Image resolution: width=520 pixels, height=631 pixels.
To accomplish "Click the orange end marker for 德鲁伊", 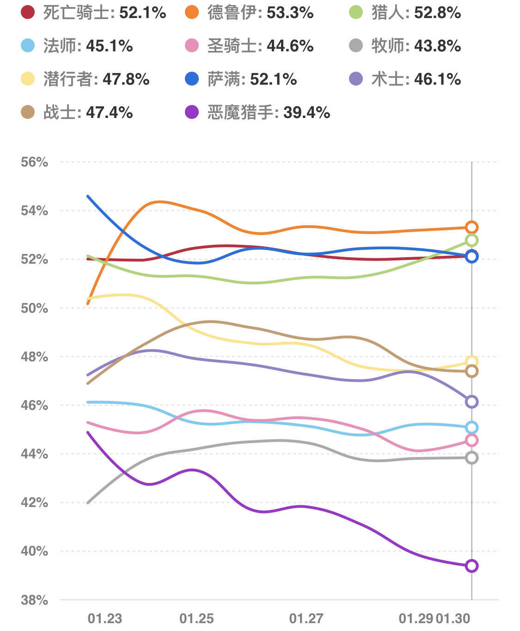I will (471, 227).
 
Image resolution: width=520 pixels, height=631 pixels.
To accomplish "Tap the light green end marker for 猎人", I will (471, 240).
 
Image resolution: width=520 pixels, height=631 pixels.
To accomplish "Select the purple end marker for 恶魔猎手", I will (471, 566).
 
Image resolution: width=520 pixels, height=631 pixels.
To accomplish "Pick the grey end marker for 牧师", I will (471, 458).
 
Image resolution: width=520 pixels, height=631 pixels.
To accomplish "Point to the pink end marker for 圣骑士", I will (471, 440).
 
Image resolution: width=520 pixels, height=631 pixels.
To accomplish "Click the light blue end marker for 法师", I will (471, 427).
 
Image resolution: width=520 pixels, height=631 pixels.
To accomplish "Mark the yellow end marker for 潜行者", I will (471, 361).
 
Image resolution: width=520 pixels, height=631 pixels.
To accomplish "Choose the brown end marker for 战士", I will (471, 371).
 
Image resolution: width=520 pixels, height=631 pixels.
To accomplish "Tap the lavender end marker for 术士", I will (471, 402).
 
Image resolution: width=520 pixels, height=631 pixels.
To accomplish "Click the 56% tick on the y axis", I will (34, 162).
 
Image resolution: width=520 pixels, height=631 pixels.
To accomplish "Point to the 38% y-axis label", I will (34, 600).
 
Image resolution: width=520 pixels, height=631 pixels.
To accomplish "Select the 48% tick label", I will (34, 357).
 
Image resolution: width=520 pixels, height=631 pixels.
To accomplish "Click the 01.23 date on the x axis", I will (105, 619).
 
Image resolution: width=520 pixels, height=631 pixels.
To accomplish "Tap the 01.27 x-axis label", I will (306, 619).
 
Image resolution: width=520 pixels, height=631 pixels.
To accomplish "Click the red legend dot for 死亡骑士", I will (28, 12).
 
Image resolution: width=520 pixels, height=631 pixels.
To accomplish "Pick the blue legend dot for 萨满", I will (192, 79).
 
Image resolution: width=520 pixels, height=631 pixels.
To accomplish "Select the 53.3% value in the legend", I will (290, 12).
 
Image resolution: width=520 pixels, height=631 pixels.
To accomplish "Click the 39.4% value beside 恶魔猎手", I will (306, 112).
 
